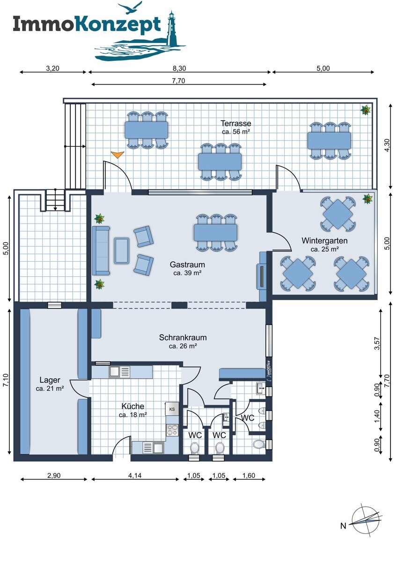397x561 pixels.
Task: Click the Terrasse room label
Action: [x=236, y=123]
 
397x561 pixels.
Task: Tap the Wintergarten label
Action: [x=324, y=241]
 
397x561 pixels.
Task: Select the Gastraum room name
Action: [x=187, y=265]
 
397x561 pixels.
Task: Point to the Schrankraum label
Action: [x=183, y=338]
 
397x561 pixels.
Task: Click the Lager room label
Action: [x=50, y=380]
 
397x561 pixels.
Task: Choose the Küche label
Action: [x=132, y=406]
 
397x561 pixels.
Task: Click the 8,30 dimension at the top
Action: [x=179, y=68]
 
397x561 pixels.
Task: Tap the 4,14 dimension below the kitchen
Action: [x=135, y=475]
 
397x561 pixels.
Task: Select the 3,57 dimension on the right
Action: [x=377, y=343]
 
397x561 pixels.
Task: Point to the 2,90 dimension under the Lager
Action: [x=54, y=475]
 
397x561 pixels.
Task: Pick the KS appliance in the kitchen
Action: [x=172, y=409]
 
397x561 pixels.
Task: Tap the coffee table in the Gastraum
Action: [x=122, y=251]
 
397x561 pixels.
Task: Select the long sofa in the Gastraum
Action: [x=101, y=251]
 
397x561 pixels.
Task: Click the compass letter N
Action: [x=343, y=526]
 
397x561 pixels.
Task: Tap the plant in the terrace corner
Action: [x=366, y=110]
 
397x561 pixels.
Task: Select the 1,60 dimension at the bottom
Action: [x=249, y=475]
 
